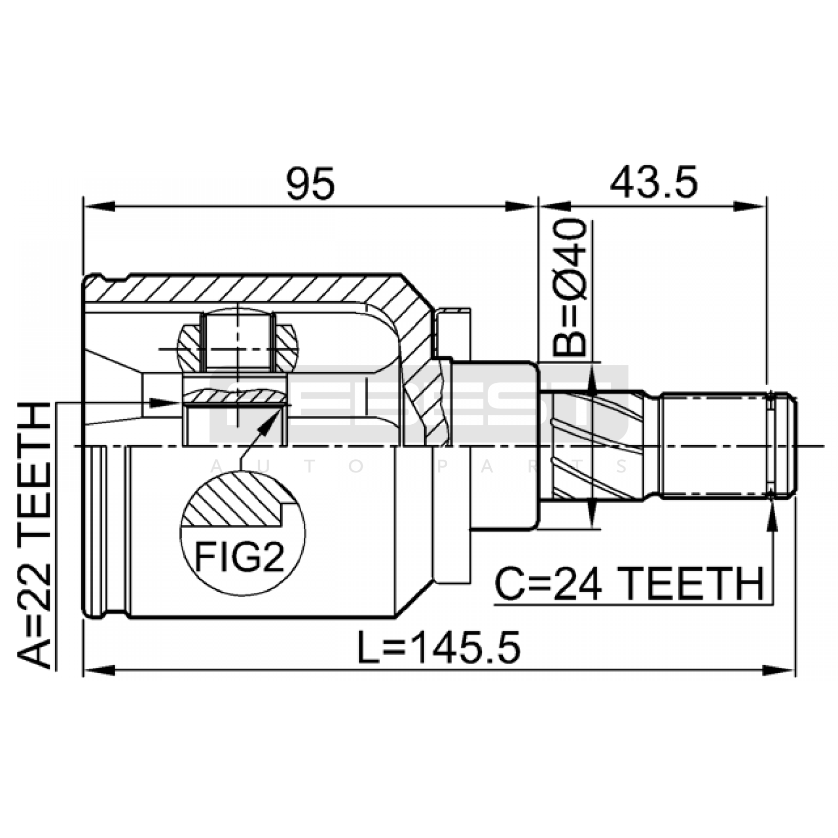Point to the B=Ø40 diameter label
click(569, 288)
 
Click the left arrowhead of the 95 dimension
click(99, 205)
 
